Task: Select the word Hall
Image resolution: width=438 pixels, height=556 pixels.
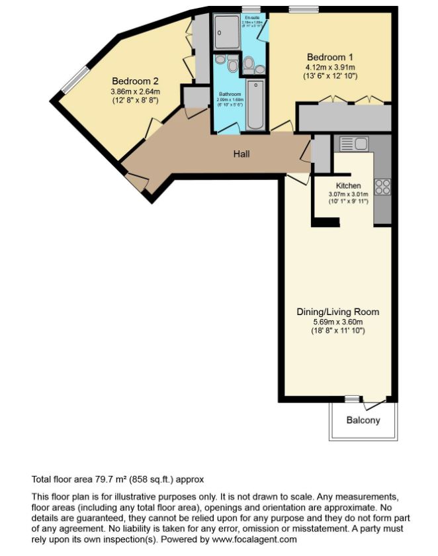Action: pos(241,154)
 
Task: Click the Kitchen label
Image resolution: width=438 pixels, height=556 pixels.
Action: pos(348,185)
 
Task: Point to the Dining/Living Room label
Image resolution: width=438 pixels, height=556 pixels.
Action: pos(337,311)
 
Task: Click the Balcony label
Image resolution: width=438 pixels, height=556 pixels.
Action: pos(363,420)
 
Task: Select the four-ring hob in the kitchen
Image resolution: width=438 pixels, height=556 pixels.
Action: pos(382,187)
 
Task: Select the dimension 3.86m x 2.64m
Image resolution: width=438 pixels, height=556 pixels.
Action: pos(135,91)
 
